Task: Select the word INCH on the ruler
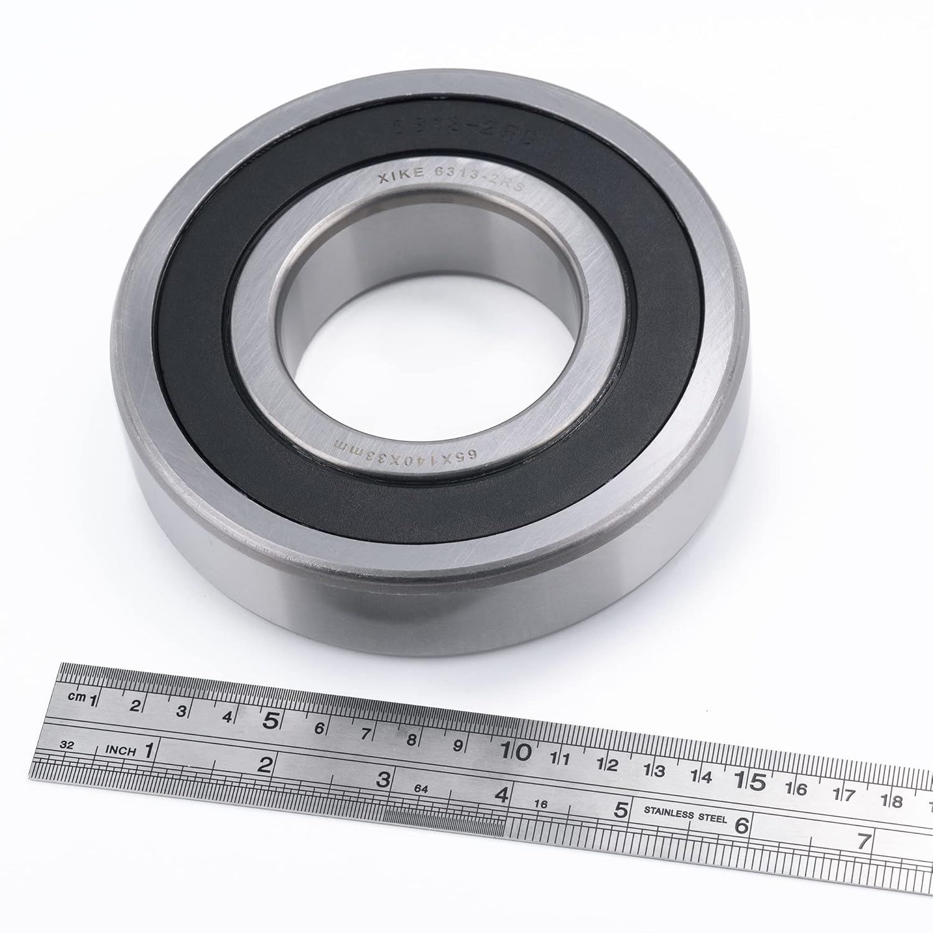[121, 751]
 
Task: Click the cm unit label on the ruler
[77, 697]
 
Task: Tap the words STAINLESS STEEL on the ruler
[685, 815]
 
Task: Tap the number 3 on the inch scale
[384, 779]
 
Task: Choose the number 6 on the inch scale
[741, 825]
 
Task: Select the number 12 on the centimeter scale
[607, 764]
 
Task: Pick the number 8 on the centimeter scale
[411, 740]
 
